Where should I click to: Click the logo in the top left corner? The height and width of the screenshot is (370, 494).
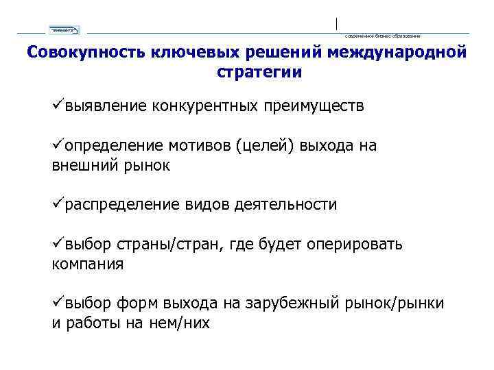(x=64, y=29)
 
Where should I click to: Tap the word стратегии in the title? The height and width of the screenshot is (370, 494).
(x=259, y=71)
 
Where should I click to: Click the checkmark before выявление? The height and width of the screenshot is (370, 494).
(x=58, y=106)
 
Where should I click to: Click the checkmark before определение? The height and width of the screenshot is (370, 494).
(x=58, y=145)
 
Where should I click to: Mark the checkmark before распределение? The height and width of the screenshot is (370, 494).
(x=58, y=204)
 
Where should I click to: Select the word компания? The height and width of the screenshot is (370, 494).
(x=88, y=264)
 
